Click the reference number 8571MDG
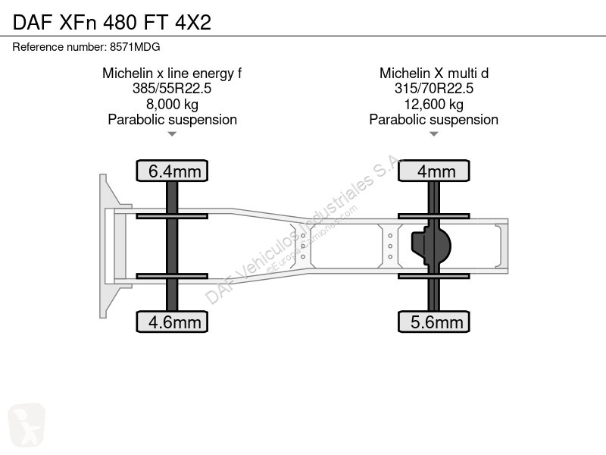[135, 47]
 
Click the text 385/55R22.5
[172, 89]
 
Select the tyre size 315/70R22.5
[433, 89]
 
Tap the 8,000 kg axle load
[172, 105]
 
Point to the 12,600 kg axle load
[433, 105]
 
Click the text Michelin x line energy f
[172, 73]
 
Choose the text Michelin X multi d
[433, 73]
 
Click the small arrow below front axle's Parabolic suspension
[172, 134]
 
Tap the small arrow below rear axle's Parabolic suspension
[433, 134]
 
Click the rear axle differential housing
[431, 246]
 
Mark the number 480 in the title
[120, 23]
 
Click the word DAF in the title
[33, 23]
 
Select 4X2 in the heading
[193, 23]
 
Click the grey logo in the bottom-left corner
[27, 425]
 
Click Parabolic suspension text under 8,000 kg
[172, 120]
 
